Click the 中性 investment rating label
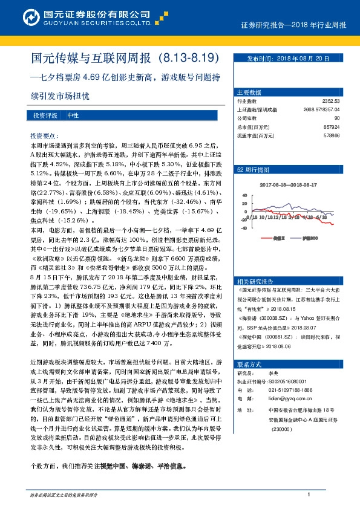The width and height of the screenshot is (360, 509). pyautogui.click(x=73, y=115)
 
